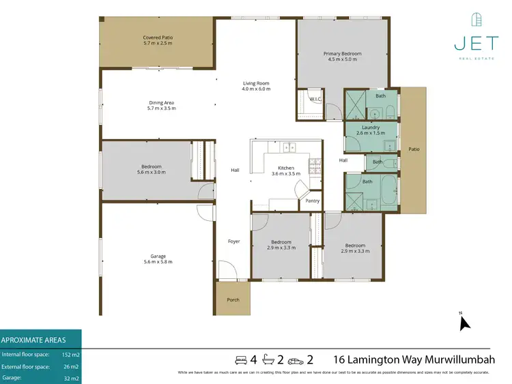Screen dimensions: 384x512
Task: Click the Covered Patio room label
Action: (x=156, y=37)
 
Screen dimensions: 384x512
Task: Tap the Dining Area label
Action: (x=161, y=103)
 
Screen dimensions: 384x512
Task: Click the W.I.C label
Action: (x=315, y=100)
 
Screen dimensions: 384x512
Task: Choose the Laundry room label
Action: (x=371, y=127)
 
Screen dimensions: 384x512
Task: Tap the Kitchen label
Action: (x=285, y=168)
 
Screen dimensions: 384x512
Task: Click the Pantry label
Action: (x=313, y=201)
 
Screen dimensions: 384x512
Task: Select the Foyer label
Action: (x=234, y=241)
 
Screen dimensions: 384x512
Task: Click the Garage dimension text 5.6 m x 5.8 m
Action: (x=158, y=262)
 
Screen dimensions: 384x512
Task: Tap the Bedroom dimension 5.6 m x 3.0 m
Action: (x=152, y=173)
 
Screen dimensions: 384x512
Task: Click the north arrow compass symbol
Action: (x=465, y=321)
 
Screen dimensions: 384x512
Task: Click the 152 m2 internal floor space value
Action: (x=71, y=355)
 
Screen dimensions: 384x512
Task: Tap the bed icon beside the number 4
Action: (x=240, y=359)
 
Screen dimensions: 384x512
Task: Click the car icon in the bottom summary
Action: (x=295, y=359)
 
